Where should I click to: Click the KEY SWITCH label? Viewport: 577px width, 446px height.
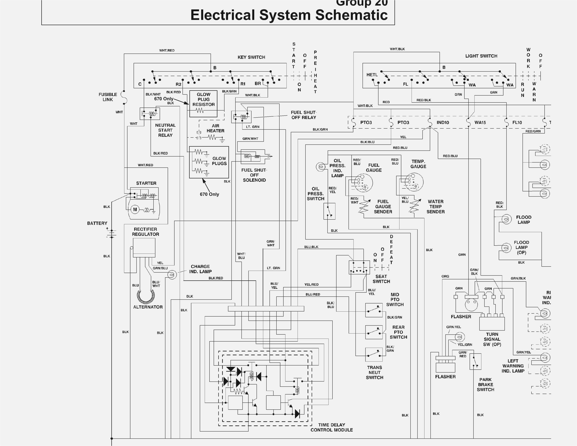click(251, 57)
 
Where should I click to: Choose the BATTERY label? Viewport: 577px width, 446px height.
click(97, 223)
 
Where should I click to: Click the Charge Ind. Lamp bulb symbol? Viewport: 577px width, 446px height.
click(172, 275)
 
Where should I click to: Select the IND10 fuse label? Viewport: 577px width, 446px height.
click(443, 123)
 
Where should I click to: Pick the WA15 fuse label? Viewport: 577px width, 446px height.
click(480, 123)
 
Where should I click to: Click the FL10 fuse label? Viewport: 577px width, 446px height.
click(517, 123)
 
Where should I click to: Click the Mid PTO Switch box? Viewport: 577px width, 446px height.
click(374, 310)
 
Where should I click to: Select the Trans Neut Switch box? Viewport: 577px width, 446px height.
click(374, 355)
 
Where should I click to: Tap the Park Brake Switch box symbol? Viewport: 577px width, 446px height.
click(475, 362)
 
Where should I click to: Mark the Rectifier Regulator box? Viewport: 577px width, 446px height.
click(144, 248)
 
